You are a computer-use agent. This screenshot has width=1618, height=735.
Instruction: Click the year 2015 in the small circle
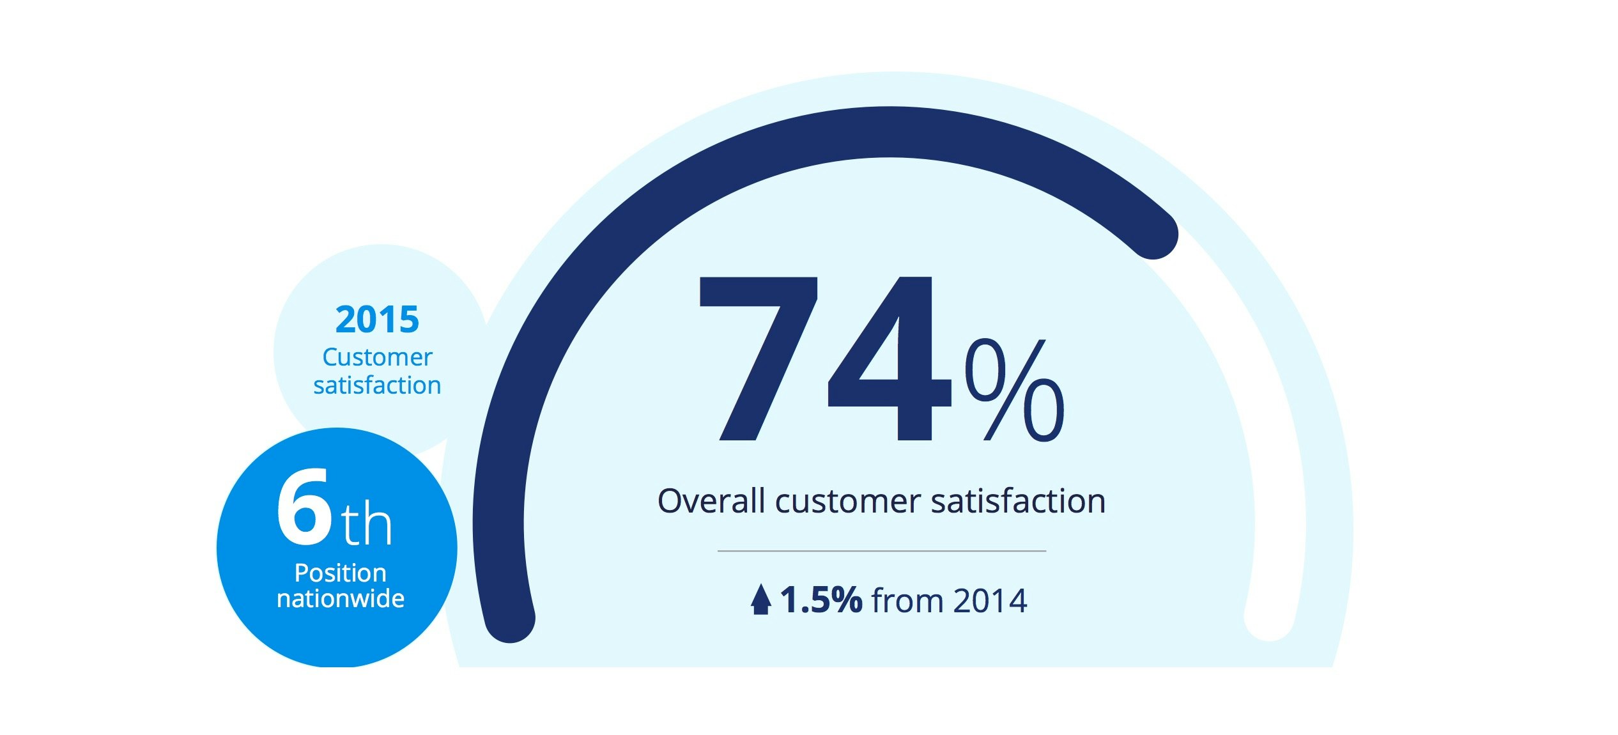[x=377, y=320]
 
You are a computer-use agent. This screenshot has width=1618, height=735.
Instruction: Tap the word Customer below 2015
[x=377, y=357]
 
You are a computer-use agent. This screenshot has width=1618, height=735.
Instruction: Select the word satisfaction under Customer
[x=377, y=386]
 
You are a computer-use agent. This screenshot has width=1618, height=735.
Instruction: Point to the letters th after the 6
[x=366, y=524]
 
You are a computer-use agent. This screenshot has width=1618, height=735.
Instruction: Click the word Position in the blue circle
[x=340, y=573]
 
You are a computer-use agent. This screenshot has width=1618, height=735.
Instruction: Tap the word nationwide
[x=340, y=599]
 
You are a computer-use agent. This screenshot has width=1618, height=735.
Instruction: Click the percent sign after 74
[x=1014, y=390]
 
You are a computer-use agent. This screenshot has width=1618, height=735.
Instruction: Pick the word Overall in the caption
[x=711, y=501]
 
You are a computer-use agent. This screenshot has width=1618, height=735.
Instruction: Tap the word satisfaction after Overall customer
[x=1018, y=501]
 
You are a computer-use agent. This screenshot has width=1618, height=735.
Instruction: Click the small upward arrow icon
[x=760, y=600]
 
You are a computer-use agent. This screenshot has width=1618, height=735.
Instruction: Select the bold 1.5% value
[x=821, y=600]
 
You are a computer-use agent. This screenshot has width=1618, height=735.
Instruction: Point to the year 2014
[x=990, y=601]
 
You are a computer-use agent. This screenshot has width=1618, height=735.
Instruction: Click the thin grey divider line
[x=881, y=550]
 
